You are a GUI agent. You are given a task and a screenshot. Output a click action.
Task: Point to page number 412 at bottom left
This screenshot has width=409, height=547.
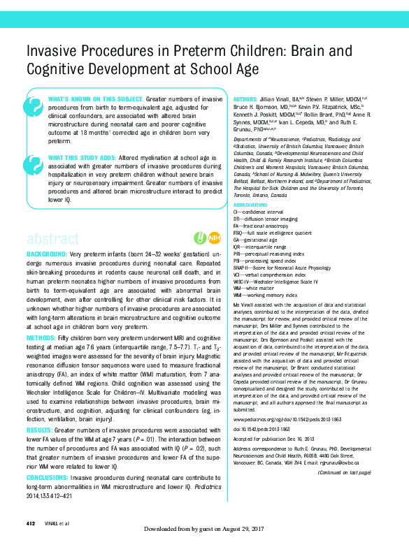(30, 524)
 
